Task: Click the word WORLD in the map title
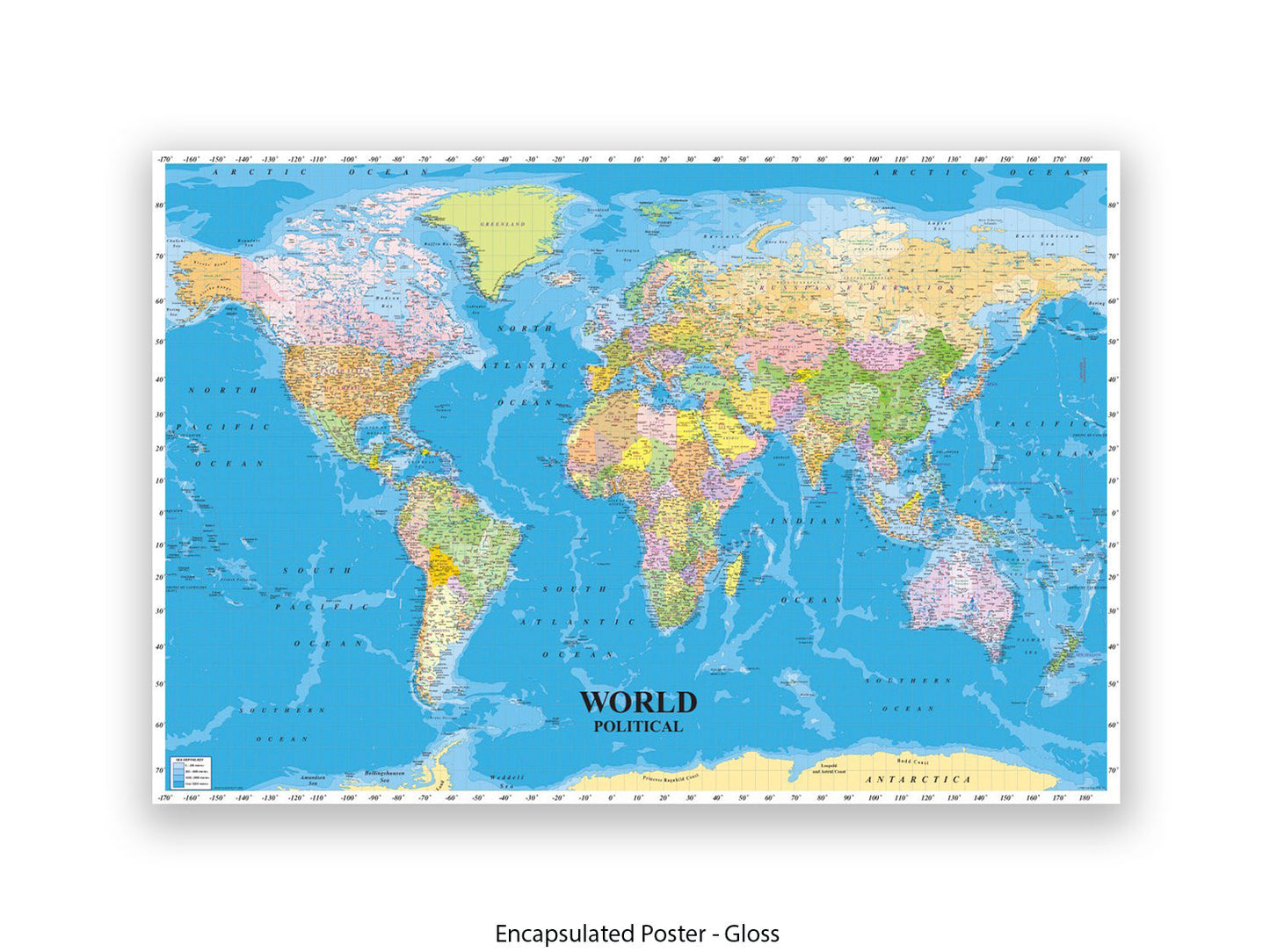point(638,703)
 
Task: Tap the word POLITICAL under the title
point(638,726)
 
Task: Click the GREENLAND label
point(503,225)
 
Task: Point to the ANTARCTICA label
point(918,780)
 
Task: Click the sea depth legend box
point(191,772)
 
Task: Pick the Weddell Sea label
point(507,781)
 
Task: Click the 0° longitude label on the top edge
point(612,159)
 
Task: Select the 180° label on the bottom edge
point(1085,798)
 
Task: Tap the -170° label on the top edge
point(164,159)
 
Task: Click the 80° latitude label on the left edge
point(159,206)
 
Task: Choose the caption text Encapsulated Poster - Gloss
point(636,934)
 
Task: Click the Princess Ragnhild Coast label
point(671,777)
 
